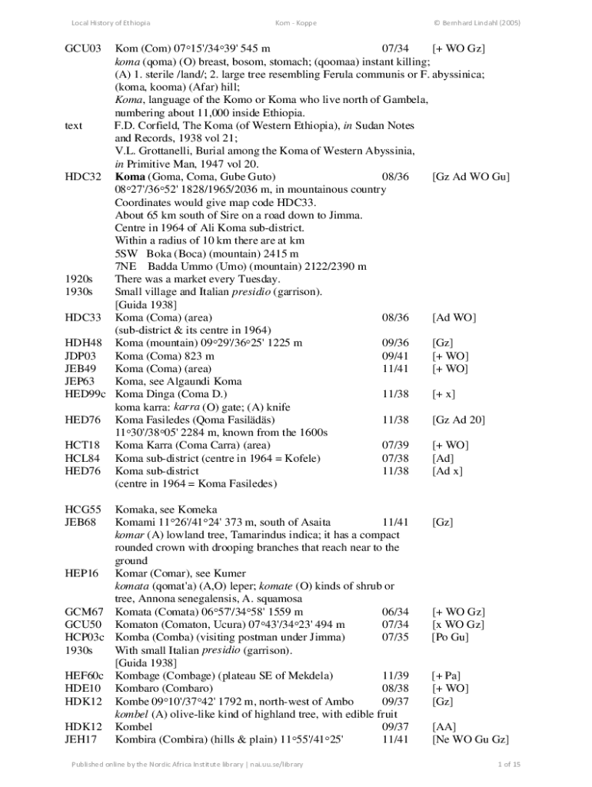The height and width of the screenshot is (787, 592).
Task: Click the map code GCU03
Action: click(x=82, y=49)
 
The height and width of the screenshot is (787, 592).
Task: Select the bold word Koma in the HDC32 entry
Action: click(x=129, y=177)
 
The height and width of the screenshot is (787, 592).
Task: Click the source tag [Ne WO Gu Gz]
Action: click(x=470, y=739)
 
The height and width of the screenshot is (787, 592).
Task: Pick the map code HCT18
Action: click(x=81, y=445)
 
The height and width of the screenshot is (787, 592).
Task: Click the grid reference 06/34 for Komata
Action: click(x=395, y=611)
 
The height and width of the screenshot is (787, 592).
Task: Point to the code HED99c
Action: click(x=85, y=394)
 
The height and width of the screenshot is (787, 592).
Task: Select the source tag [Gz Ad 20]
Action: click(x=459, y=420)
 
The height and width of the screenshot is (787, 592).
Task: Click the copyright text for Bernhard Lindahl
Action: click(x=477, y=22)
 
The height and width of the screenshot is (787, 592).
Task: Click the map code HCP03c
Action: click(x=85, y=637)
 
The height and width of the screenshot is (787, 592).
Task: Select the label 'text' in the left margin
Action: click(x=74, y=125)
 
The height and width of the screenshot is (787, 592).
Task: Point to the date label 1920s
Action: click(x=79, y=279)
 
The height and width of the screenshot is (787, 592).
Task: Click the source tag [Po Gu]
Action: click(x=451, y=637)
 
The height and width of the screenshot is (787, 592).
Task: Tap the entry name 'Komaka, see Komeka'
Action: click(x=166, y=509)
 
